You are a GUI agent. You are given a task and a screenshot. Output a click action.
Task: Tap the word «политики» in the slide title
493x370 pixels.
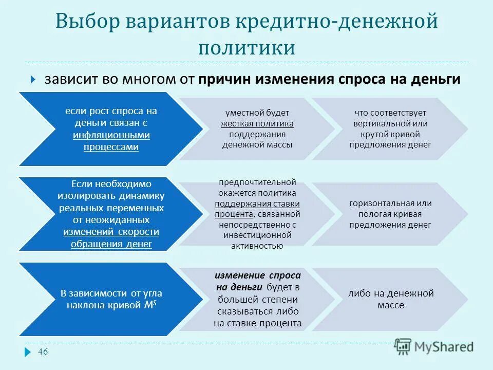coord(247,47)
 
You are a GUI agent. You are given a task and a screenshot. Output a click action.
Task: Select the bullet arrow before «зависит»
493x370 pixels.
coord(32,80)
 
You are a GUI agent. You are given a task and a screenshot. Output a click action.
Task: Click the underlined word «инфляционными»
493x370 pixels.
coord(111,135)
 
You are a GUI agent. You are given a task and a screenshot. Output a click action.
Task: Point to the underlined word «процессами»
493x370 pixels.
coord(111,147)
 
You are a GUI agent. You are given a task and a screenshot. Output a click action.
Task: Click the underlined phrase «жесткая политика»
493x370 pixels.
coord(257,123)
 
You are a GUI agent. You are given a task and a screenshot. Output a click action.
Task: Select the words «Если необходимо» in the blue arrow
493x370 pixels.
coord(111,183)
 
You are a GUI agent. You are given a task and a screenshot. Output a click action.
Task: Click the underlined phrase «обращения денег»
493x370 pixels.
coord(111,244)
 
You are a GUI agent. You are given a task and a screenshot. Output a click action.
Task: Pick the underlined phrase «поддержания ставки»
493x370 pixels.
coord(257,203)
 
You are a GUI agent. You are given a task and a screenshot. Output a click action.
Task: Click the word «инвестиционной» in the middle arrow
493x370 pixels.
coord(257,235)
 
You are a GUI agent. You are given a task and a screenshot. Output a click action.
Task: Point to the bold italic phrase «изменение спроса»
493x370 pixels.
coord(257,275)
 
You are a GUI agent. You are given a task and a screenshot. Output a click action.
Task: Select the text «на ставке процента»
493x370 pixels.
coord(257,323)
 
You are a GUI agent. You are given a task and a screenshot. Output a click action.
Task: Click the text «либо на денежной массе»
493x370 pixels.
coord(390,299)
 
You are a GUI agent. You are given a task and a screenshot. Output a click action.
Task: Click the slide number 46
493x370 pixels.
coord(44,351)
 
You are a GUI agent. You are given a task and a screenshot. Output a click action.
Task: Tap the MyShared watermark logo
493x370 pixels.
coord(434,346)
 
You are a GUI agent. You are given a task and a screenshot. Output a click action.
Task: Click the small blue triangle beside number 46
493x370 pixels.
coord(27,352)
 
